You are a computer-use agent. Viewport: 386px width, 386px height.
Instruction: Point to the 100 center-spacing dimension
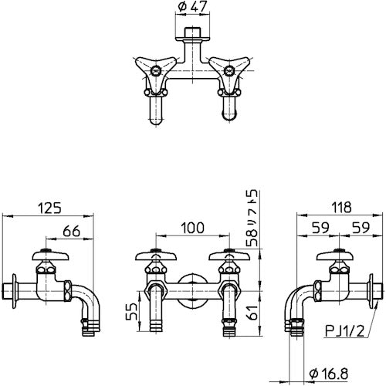[x=193, y=228]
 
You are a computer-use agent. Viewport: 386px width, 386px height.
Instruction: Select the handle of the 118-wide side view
[x=337, y=256]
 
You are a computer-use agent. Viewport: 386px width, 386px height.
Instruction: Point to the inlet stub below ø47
[x=193, y=37]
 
